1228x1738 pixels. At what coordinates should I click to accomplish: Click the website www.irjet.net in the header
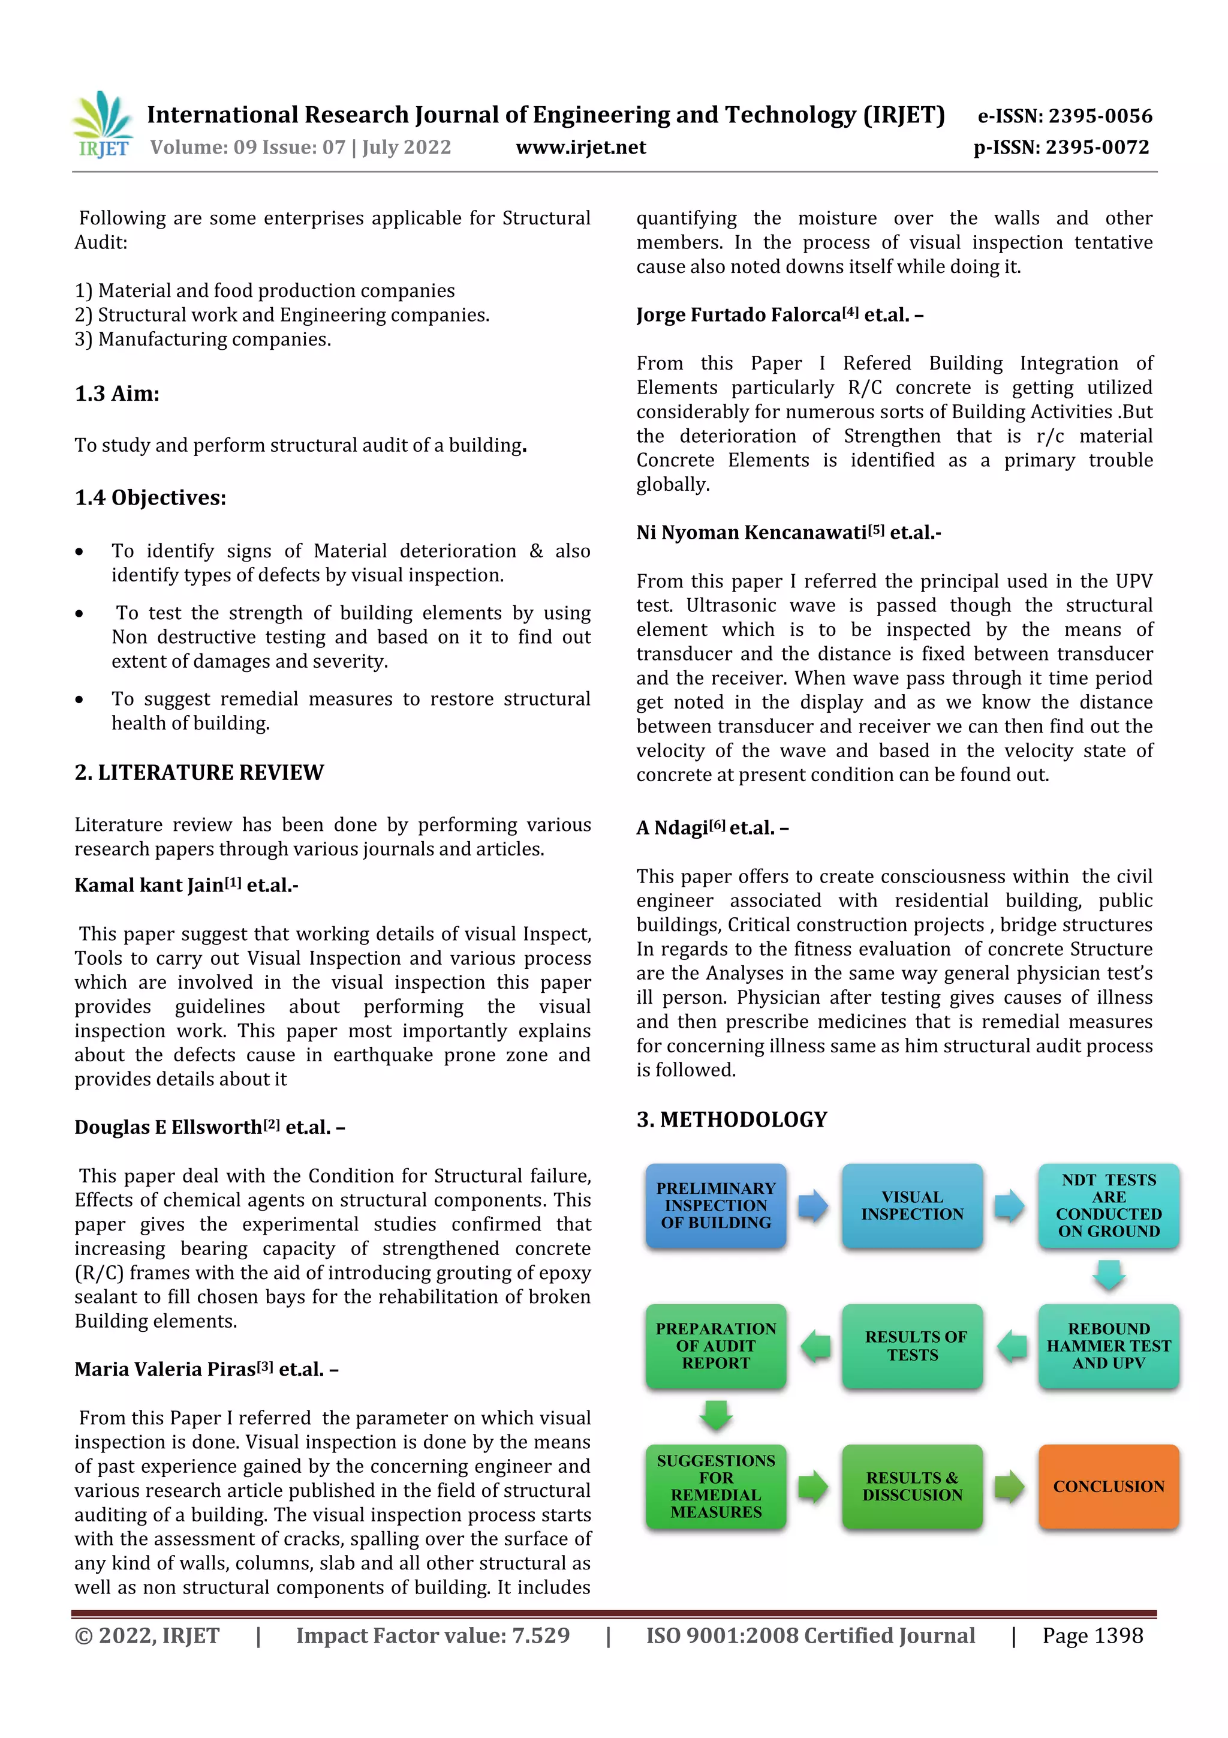tap(580, 147)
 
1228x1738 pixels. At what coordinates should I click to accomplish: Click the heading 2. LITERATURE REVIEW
tap(199, 772)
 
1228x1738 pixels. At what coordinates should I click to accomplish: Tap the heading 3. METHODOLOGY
tap(732, 1119)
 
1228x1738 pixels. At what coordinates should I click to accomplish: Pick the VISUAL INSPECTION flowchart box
tap(912, 1205)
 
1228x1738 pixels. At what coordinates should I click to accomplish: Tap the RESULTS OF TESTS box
tap(912, 1345)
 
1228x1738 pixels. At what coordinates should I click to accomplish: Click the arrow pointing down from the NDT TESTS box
tap(1109, 1275)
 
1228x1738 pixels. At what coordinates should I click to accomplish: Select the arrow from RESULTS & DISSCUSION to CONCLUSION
tap(1009, 1487)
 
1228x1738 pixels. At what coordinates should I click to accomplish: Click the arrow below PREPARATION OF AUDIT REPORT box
tap(716, 1415)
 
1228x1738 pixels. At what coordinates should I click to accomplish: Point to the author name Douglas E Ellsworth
tap(168, 1127)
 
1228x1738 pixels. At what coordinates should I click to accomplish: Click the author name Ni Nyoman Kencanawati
tap(751, 533)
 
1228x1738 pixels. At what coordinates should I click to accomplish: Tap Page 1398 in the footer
tap(1092, 1636)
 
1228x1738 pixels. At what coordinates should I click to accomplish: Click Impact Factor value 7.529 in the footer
tap(433, 1636)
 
